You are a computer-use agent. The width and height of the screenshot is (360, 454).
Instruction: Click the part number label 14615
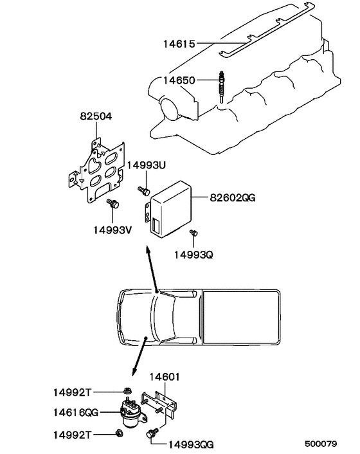coord(179,44)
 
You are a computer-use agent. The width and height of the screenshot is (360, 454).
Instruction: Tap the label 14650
coord(178,80)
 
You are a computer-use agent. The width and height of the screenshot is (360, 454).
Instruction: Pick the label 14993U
coord(146,165)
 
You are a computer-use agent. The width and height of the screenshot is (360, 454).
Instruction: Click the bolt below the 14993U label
coord(144,190)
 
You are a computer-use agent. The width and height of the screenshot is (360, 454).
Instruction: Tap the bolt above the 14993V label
coord(114,204)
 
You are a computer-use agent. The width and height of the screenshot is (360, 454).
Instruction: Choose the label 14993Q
coord(193,255)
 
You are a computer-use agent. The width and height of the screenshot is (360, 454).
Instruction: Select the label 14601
coord(165,377)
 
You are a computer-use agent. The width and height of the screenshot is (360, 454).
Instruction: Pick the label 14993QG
coord(190,444)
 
